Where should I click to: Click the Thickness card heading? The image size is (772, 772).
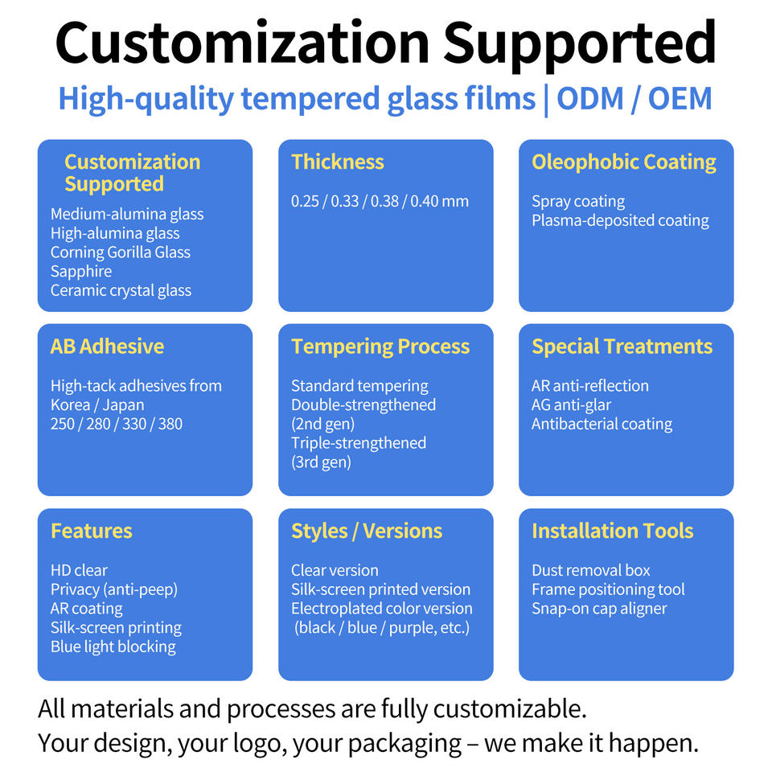point(337,162)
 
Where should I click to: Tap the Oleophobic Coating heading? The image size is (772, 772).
point(624,162)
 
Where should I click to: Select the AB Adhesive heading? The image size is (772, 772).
point(107,347)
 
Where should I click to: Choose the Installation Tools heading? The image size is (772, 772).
point(613,532)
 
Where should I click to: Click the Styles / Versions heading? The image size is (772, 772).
point(367,532)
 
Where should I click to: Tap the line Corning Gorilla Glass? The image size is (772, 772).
point(120,253)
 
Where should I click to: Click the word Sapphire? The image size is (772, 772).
point(81,272)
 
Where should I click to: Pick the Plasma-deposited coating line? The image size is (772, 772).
point(620,220)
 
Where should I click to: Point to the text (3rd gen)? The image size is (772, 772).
point(321,462)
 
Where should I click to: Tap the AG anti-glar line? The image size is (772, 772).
point(571,405)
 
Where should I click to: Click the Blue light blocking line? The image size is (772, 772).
point(113,647)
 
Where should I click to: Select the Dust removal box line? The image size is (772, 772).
point(591,571)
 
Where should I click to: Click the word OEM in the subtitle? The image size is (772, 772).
point(680,98)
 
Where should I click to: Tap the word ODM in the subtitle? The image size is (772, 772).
point(590,98)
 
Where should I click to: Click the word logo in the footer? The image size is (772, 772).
point(260,744)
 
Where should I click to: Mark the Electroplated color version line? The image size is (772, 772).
point(381,609)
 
